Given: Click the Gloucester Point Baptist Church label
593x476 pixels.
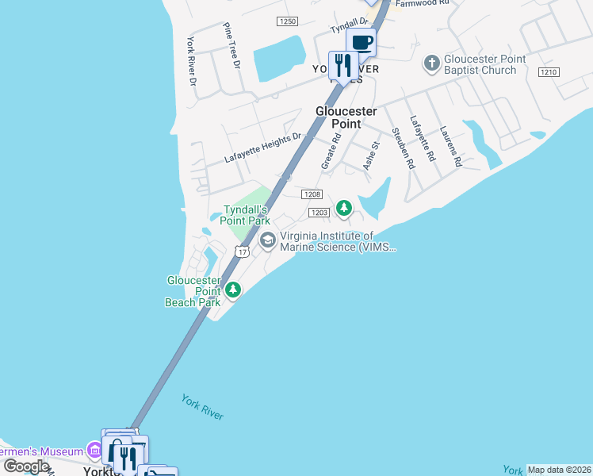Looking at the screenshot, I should (x=480, y=64).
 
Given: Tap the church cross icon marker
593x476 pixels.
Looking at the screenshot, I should (x=432, y=62).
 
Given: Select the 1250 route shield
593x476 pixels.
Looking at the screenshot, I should (x=287, y=21).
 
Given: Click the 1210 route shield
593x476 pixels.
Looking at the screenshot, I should (x=549, y=72).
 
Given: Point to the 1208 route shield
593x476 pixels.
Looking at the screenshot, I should (x=312, y=194).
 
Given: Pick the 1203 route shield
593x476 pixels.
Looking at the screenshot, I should (x=319, y=212).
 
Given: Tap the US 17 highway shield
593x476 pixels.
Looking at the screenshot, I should (x=243, y=251).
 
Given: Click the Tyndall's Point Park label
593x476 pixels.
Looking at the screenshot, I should (x=245, y=214).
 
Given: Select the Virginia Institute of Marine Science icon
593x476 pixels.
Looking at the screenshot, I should (x=268, y=240).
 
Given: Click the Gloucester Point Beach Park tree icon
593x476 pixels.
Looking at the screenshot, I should (x=233, y=290).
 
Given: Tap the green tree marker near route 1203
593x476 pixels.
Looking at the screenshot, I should (x=343, y=208).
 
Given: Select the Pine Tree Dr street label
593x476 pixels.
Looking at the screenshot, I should (x=231, y=46).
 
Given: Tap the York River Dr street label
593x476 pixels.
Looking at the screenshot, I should (x=191, y=61).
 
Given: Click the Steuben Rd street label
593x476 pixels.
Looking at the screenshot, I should (x=404, y=148).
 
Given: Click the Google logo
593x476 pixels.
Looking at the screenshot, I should (x=26, y=466).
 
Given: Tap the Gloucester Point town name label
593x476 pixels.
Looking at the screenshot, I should (x=346, y=117).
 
